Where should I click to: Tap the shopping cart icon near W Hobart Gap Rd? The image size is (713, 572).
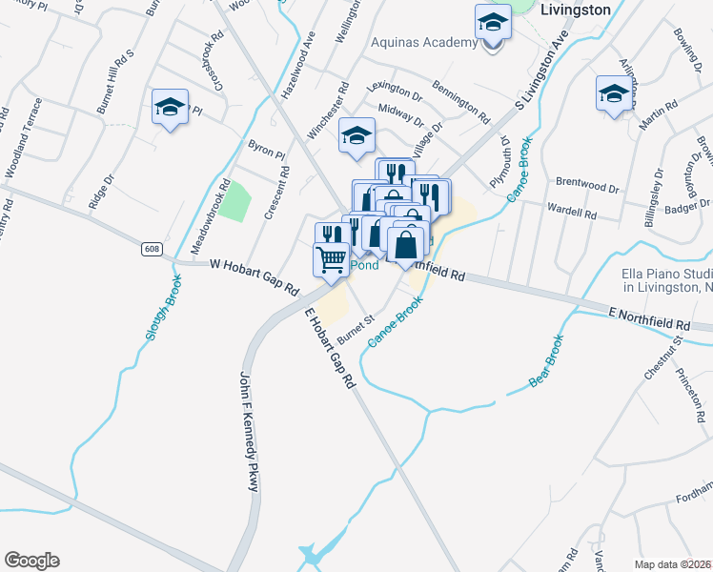click(331, 259)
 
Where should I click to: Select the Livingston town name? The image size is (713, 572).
click(575, 10)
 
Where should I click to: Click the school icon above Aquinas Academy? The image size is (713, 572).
click(493, 21)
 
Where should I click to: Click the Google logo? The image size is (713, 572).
click(31, 561)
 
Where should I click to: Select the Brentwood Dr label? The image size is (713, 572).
click(587, 178)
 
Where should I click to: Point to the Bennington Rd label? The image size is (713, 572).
click(459, 103)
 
